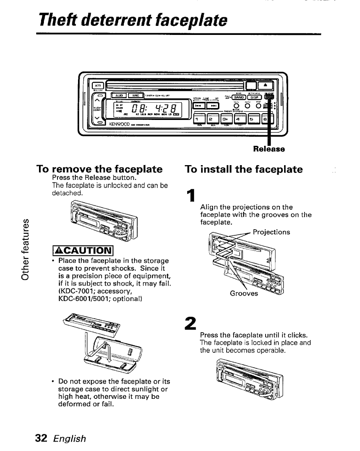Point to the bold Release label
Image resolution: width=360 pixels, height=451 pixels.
click(269, 148)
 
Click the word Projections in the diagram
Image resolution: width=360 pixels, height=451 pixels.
click(271, 232)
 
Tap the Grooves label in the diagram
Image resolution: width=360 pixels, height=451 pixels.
click(244, 294)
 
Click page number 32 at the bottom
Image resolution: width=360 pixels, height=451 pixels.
click(42, 438)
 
